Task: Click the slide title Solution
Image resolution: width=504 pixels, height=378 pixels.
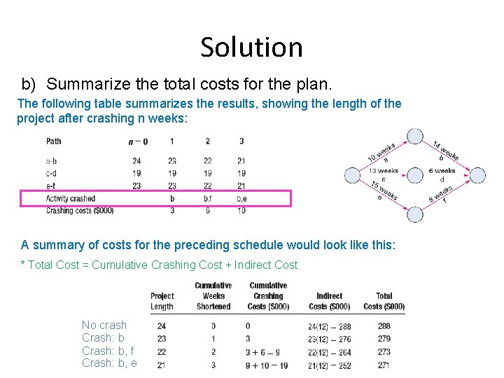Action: pos(251,48)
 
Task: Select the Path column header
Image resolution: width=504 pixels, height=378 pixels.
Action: pos(54,141)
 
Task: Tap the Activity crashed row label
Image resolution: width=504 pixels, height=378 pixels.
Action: pos(71,199)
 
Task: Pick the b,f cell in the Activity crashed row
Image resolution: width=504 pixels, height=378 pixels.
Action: pos(208,199)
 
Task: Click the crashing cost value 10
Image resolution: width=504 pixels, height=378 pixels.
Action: pos(241,210)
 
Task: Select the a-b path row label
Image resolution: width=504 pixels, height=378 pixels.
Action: pos(51,161)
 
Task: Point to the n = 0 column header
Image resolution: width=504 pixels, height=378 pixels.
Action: pos(138,141)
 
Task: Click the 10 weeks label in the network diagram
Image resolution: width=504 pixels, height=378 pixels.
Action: pos(382,153)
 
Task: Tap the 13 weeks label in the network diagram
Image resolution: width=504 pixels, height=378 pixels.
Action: pos(383,171)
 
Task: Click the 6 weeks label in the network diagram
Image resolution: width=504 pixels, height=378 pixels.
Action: pos(442,171)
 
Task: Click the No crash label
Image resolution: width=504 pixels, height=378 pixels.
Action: pos(104,325)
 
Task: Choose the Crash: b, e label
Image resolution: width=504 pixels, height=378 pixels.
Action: pos(109,363)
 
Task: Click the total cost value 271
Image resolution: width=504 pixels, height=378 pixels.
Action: pos(384,365)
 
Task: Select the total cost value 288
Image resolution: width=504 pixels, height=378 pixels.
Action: pos(384,326)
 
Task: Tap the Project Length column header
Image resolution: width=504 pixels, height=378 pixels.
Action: pos(162,301)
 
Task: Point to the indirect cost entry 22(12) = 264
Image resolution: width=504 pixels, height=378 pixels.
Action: pos(329,352)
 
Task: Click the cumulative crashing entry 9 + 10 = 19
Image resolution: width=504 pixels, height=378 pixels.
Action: pos(267,365)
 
